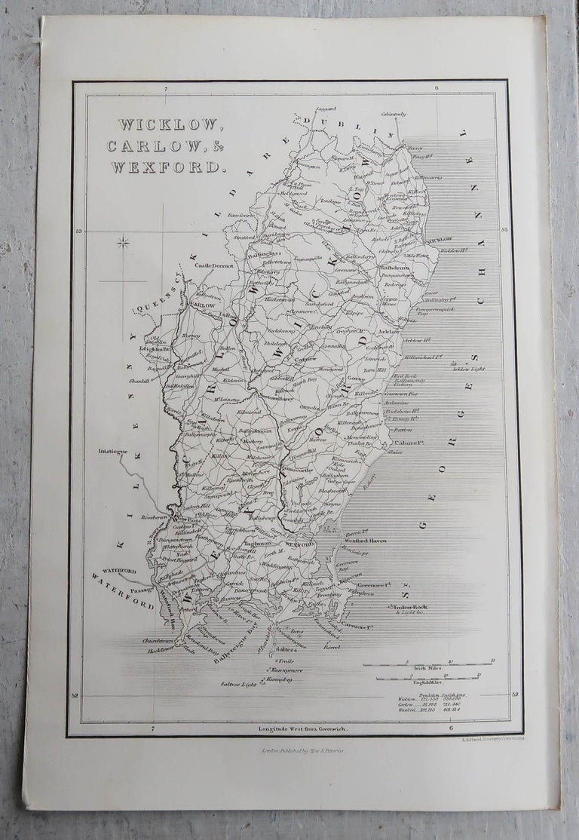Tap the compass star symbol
coord(123,243)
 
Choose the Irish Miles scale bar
coord(427,664)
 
